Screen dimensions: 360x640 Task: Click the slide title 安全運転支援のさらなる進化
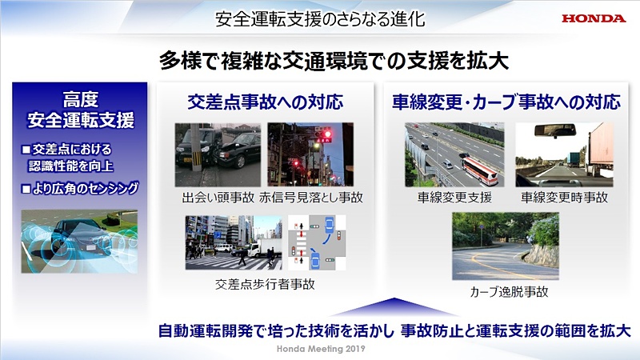pos(319,17)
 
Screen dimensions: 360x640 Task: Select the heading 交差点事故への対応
pos(264,102)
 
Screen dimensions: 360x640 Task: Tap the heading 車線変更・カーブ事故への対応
pos(506,102)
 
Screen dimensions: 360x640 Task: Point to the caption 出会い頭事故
pos(207,197)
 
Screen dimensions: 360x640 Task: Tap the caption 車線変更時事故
pos(564,197)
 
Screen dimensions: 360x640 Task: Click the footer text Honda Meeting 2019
pos(320,350)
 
